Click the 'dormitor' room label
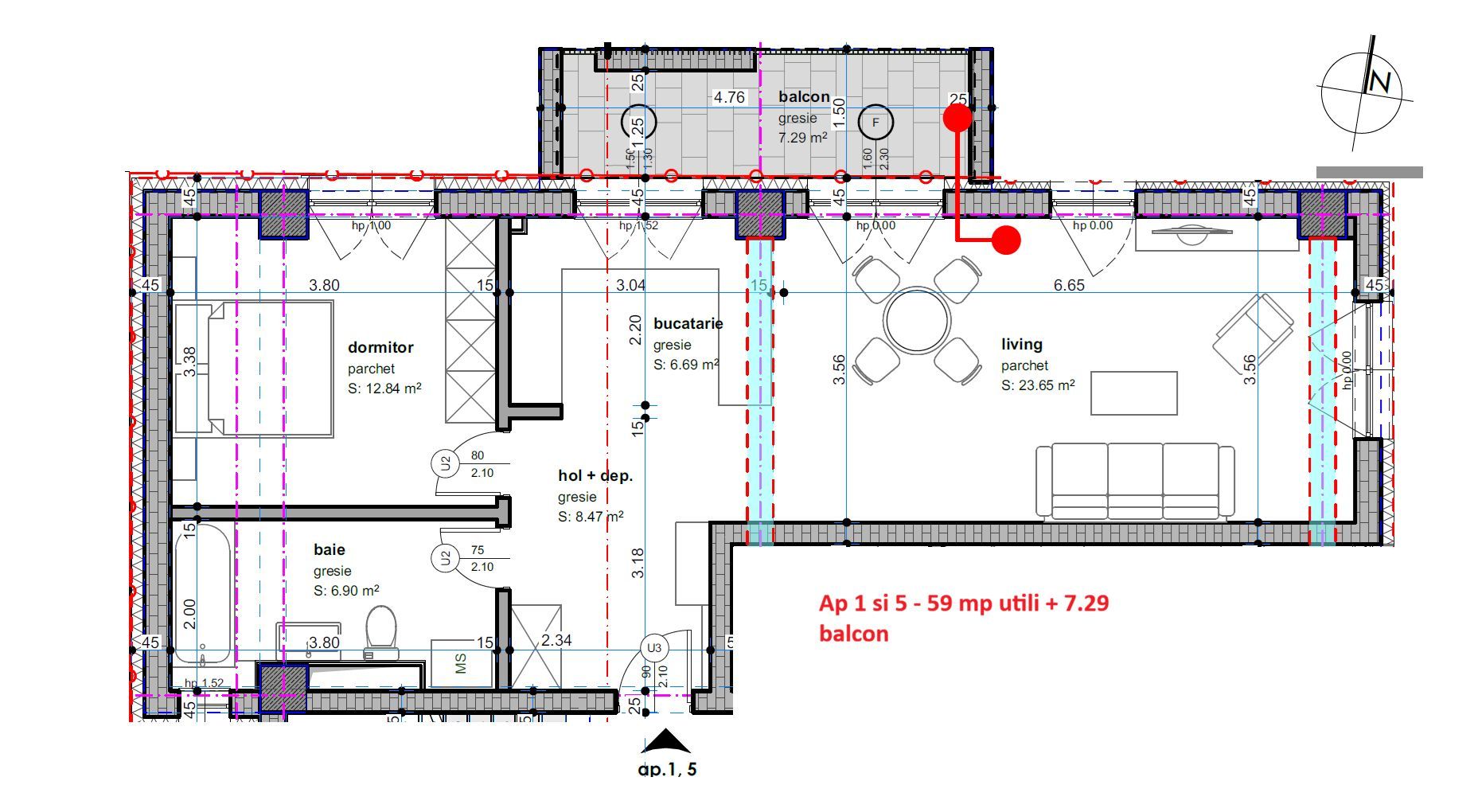click(x=380, y=348)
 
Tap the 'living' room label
click(x=1021, y=345)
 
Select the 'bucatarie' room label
click(x=688, y=324)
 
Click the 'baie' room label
click(x=329, y=549)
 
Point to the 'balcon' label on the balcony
click(x=804, y=97)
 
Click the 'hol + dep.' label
click(x=595, y=476)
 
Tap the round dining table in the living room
click(x=916, y=320)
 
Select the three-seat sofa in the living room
click(x=1135, y=481)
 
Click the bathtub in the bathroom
click(x=203, y=593)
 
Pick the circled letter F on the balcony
click(x=875, y=123)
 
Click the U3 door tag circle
click(x=654, y=648)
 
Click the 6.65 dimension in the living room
click(x=1068, y=285)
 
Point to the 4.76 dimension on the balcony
click(x=728, y=97)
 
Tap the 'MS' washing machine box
click(x=462, y=663)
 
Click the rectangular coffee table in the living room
click(x=1133, y=393)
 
